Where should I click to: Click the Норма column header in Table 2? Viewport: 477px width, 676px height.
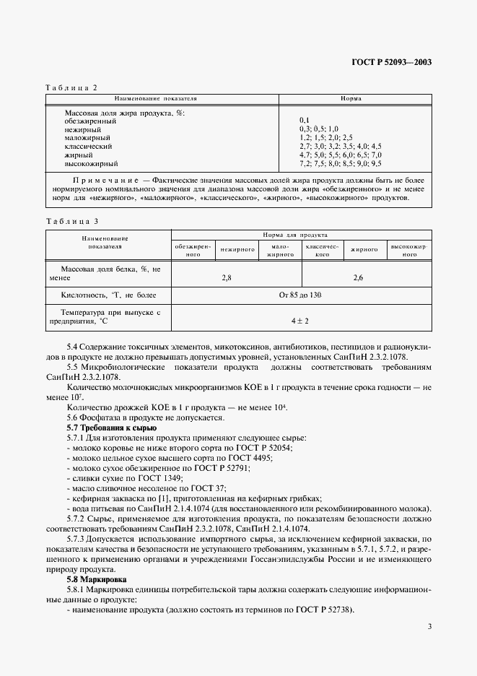[x=351, y=98]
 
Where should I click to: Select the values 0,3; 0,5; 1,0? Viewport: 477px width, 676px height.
[x=318, y=129]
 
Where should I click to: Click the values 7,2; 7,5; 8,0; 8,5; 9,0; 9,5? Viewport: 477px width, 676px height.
[x=340, y=163]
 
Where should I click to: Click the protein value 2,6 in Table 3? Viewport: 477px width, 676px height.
[x=359, y=277]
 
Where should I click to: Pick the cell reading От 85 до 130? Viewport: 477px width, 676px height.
[x=300, y=295]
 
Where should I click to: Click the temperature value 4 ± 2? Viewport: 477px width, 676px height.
[x=299, y=319]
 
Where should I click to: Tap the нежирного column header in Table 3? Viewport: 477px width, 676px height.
[x=238, y=249]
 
